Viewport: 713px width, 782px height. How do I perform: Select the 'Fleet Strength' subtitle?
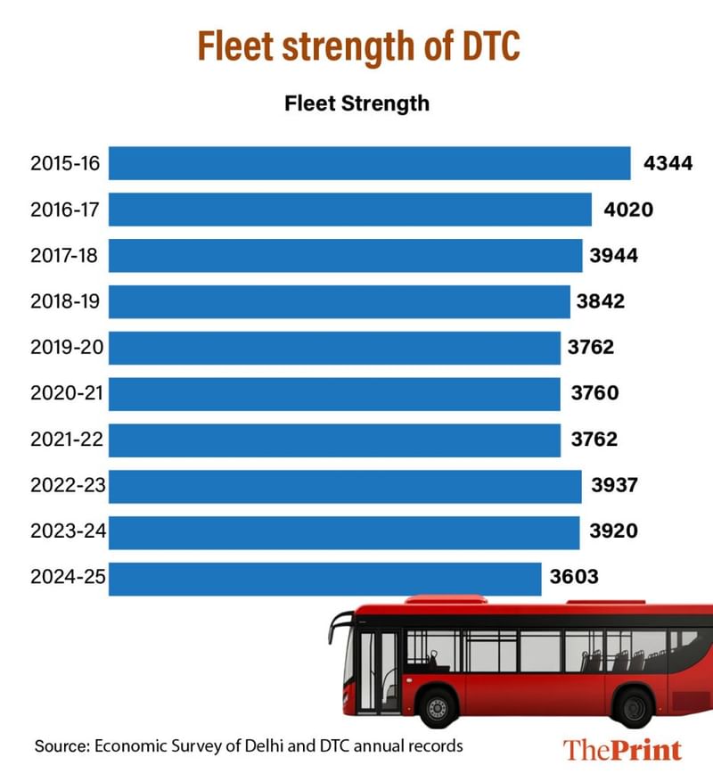pos(356,103)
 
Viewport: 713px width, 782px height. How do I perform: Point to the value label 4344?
pos(668,164)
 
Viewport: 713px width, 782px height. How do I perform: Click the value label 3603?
pos(574,578)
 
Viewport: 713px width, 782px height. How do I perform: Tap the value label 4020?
pos(628,210)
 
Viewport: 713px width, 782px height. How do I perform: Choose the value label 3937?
pos(616,486)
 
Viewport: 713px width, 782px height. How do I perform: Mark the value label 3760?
pos(594,393)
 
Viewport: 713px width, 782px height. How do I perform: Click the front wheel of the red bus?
pos(437,708)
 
